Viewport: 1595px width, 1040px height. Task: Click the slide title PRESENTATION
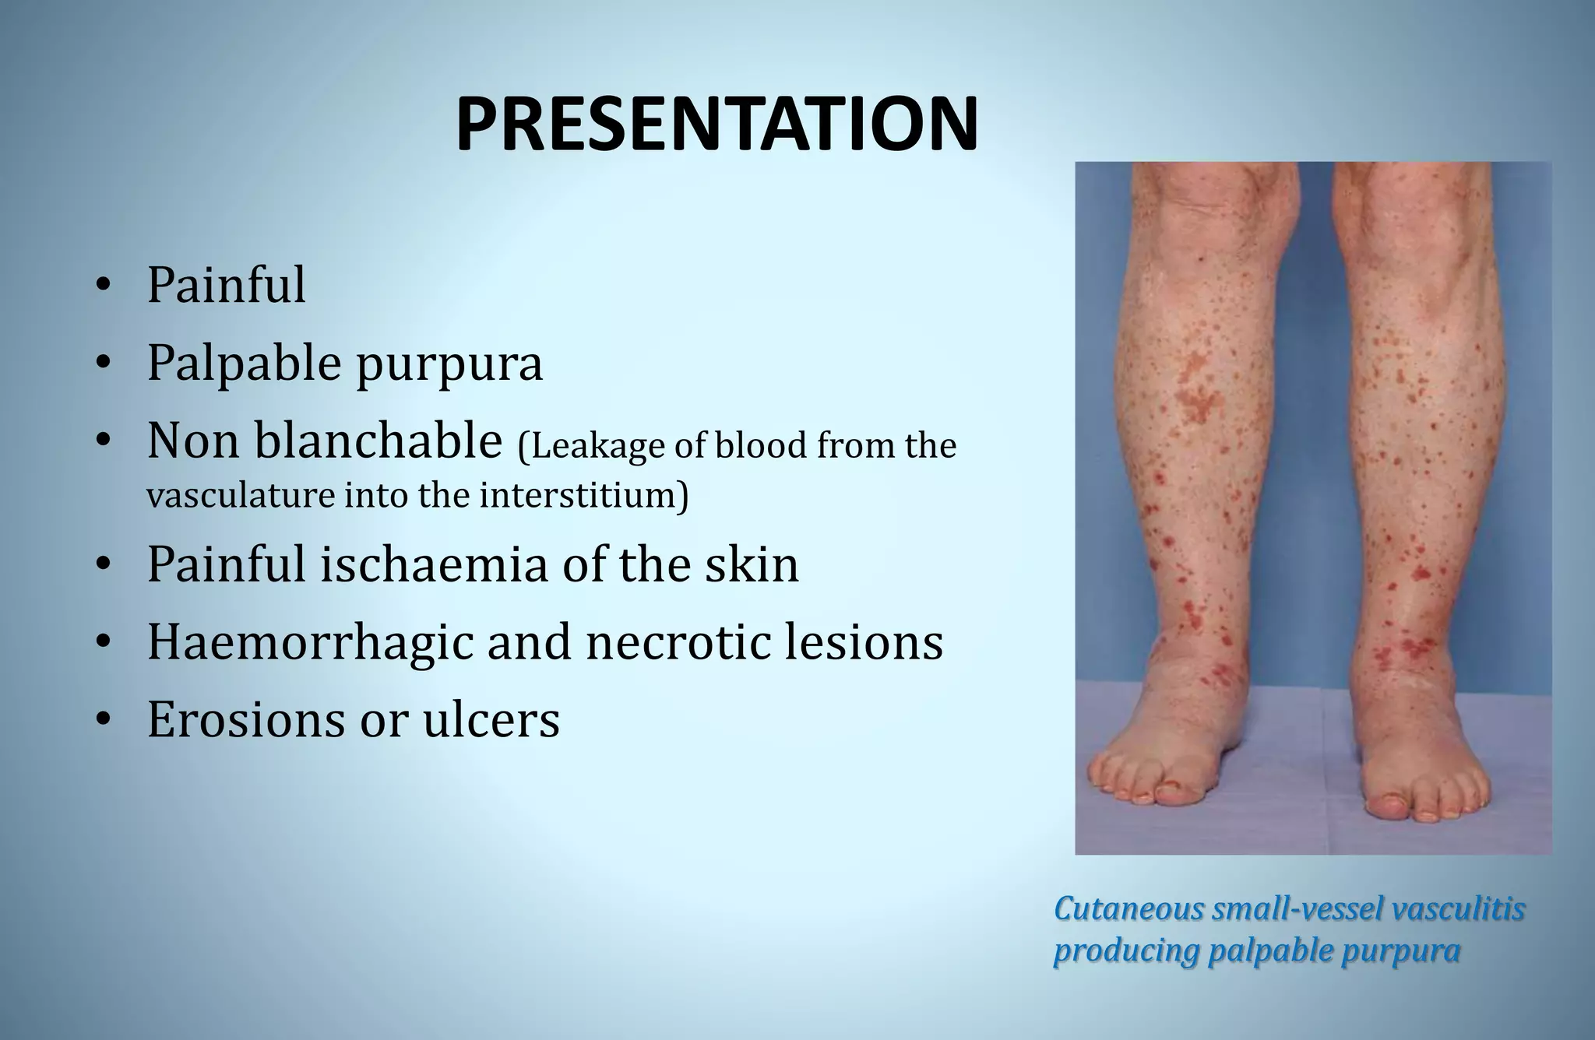coord(716,125)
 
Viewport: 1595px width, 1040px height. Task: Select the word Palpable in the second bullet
coord(244,364)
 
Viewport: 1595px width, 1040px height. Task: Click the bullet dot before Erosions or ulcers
coord(102,720)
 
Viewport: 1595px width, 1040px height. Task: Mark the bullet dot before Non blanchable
coord(102,441)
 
